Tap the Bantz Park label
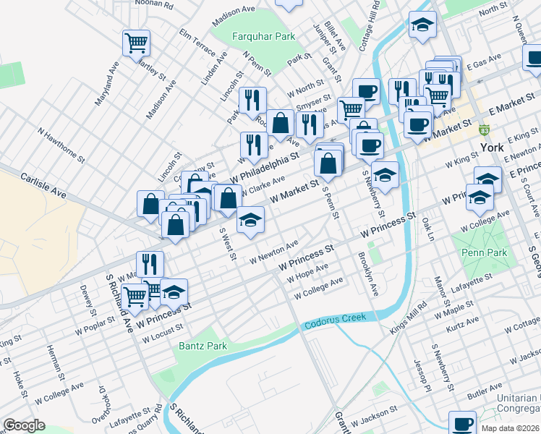(203, 346)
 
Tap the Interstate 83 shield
(485, 130)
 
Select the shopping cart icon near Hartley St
(136, 43)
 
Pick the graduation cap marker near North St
(422, 25)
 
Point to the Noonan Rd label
(153, 4)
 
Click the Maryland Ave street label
(107, 83)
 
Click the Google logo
(25, 425)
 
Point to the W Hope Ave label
(308, 275)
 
